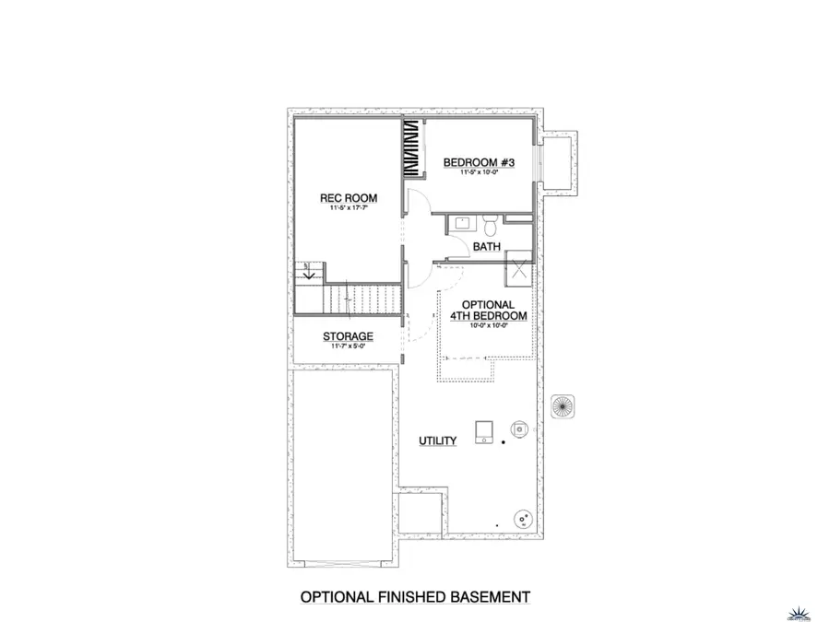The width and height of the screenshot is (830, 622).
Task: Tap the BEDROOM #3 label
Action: (x=478, y=163)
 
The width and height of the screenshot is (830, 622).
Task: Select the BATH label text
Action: (x=486, y=247)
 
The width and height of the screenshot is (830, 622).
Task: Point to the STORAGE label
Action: (x=348, y=336)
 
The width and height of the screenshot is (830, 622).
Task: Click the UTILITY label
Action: (x=437, y=441)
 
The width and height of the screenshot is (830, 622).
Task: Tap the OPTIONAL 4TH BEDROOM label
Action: (x=488, y=311)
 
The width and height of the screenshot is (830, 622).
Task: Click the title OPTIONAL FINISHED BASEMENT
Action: (x=415, y=597)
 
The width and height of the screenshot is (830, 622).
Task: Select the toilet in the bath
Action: (x=492, y=225)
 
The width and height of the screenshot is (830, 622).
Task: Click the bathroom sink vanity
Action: (x=463, y=224)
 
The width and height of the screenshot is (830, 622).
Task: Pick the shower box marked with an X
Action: (x=518, y=272)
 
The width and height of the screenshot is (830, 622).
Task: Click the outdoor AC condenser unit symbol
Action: (x=562, y=405)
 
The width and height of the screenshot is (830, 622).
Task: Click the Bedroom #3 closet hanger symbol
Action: (x=409, y=151)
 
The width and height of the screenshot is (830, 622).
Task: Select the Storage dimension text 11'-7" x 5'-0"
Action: (x=348, y=346)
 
